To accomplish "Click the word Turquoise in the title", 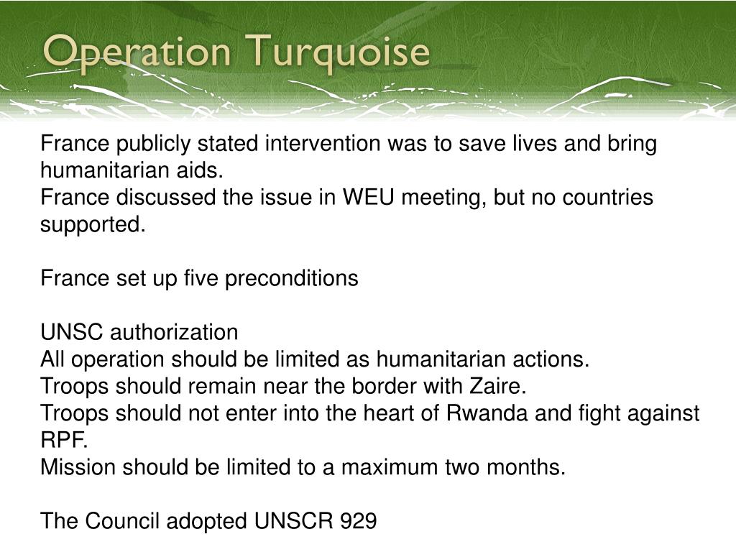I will (341, 53).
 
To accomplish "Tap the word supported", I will (93, 224).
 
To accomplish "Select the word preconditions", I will (292, 278).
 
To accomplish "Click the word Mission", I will (78, 467).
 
